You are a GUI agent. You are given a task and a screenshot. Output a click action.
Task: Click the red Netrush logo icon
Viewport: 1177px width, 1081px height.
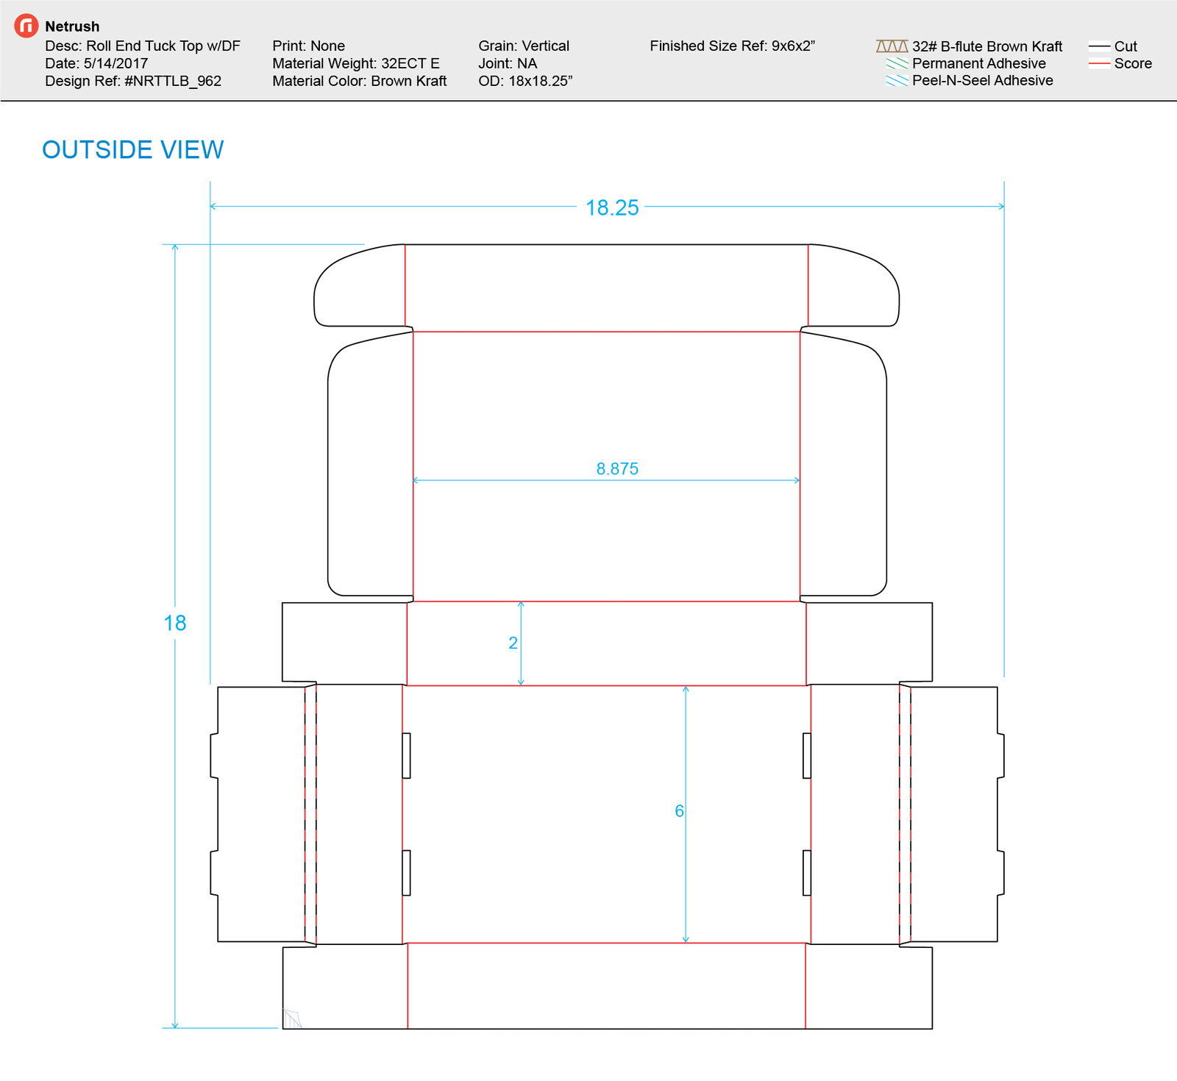[x=26, y=26]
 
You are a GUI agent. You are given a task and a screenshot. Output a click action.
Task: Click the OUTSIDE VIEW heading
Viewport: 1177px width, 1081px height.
[x=133, y=150]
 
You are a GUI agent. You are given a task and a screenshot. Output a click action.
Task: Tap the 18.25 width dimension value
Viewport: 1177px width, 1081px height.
[x=612, y=208]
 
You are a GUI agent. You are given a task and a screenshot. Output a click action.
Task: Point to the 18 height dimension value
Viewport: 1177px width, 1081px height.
[x=175, y=624]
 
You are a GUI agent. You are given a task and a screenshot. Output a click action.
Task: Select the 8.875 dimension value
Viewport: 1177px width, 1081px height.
[x=617, y=469]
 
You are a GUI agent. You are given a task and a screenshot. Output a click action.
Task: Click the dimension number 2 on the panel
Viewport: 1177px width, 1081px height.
[x=513, y=643]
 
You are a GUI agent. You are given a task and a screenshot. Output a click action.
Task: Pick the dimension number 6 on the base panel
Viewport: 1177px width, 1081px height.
[x=679, y=811]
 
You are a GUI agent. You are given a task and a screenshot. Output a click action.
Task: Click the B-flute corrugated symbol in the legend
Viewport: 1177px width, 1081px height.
[x=892, y=46]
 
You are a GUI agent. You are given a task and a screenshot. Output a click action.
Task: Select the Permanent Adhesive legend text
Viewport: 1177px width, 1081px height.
[x=978, y=63]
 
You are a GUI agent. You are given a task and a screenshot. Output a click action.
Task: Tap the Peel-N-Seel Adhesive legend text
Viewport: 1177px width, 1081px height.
[x=982, y=80]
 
